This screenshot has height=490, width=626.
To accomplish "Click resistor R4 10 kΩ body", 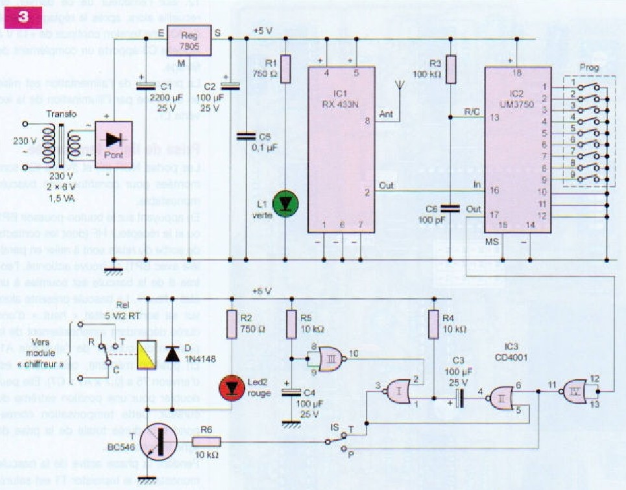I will (x=433, y=324).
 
